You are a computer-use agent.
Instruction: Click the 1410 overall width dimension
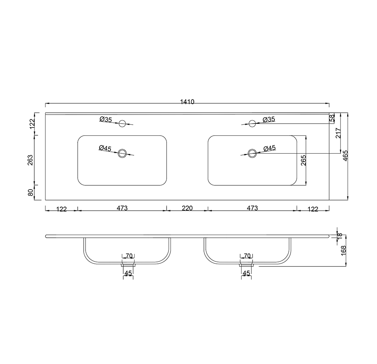187,102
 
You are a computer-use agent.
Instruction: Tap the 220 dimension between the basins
187,208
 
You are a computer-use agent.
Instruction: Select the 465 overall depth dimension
345,156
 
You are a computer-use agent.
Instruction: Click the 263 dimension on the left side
31,160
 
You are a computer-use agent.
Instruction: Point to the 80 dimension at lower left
31,193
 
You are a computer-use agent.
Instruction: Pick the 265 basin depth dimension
303,160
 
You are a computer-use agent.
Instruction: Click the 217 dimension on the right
338,133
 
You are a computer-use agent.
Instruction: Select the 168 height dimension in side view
343,250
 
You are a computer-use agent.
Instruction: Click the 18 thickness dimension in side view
339,236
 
